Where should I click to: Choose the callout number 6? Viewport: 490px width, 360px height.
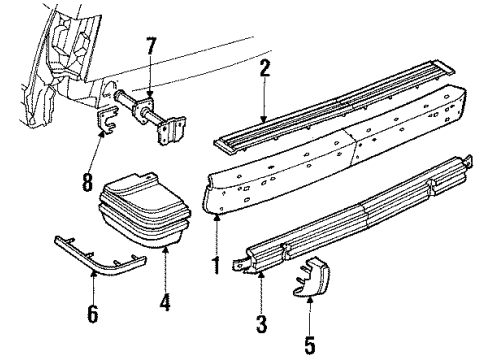click(94, 315)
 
